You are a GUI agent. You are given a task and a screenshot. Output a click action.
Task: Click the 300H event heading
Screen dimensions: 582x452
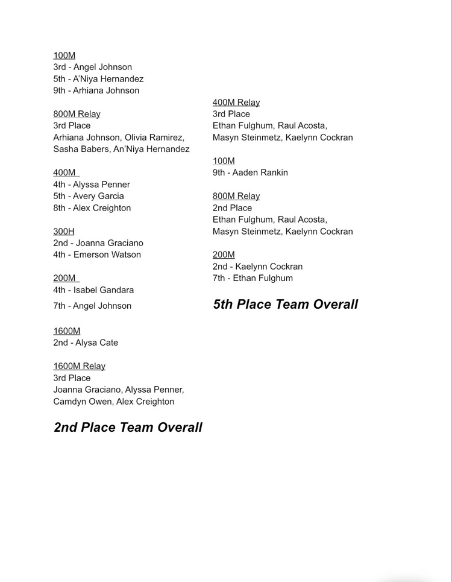click(x=64, y=231)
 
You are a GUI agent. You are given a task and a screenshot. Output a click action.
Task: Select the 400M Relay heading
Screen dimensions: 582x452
click(x=236, y=103)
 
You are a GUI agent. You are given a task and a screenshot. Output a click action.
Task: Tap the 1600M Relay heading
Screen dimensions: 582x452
click(x=79, y=366)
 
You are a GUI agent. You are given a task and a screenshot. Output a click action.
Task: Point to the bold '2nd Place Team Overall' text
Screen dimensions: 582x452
click(x=128, y=428)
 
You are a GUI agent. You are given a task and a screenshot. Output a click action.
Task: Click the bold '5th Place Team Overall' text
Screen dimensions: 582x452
click(x=285, y=305)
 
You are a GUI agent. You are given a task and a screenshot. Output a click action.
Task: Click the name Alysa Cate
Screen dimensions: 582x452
click(x=96, y=343)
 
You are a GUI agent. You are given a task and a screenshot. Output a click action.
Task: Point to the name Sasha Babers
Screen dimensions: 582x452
click(x=81, y=149)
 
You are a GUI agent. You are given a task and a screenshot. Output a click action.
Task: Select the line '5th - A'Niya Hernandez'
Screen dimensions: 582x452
click(x=98, y=79)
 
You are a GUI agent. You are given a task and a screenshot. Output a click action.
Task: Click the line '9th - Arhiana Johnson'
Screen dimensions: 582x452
click(x=96, y=90)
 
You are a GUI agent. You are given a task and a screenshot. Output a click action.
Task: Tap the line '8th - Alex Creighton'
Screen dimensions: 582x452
click(x=92, y=208)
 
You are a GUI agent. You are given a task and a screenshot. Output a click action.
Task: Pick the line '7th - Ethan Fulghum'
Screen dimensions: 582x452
click(x=253, y=278)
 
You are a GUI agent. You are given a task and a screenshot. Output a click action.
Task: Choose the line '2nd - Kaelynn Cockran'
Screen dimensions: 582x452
click(x=257, y=267)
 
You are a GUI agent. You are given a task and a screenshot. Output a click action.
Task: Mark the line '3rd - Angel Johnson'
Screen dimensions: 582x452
click(x=92, y=67)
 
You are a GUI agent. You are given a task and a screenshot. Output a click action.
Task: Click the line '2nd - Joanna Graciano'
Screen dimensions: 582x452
click(x=98, y=243)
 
